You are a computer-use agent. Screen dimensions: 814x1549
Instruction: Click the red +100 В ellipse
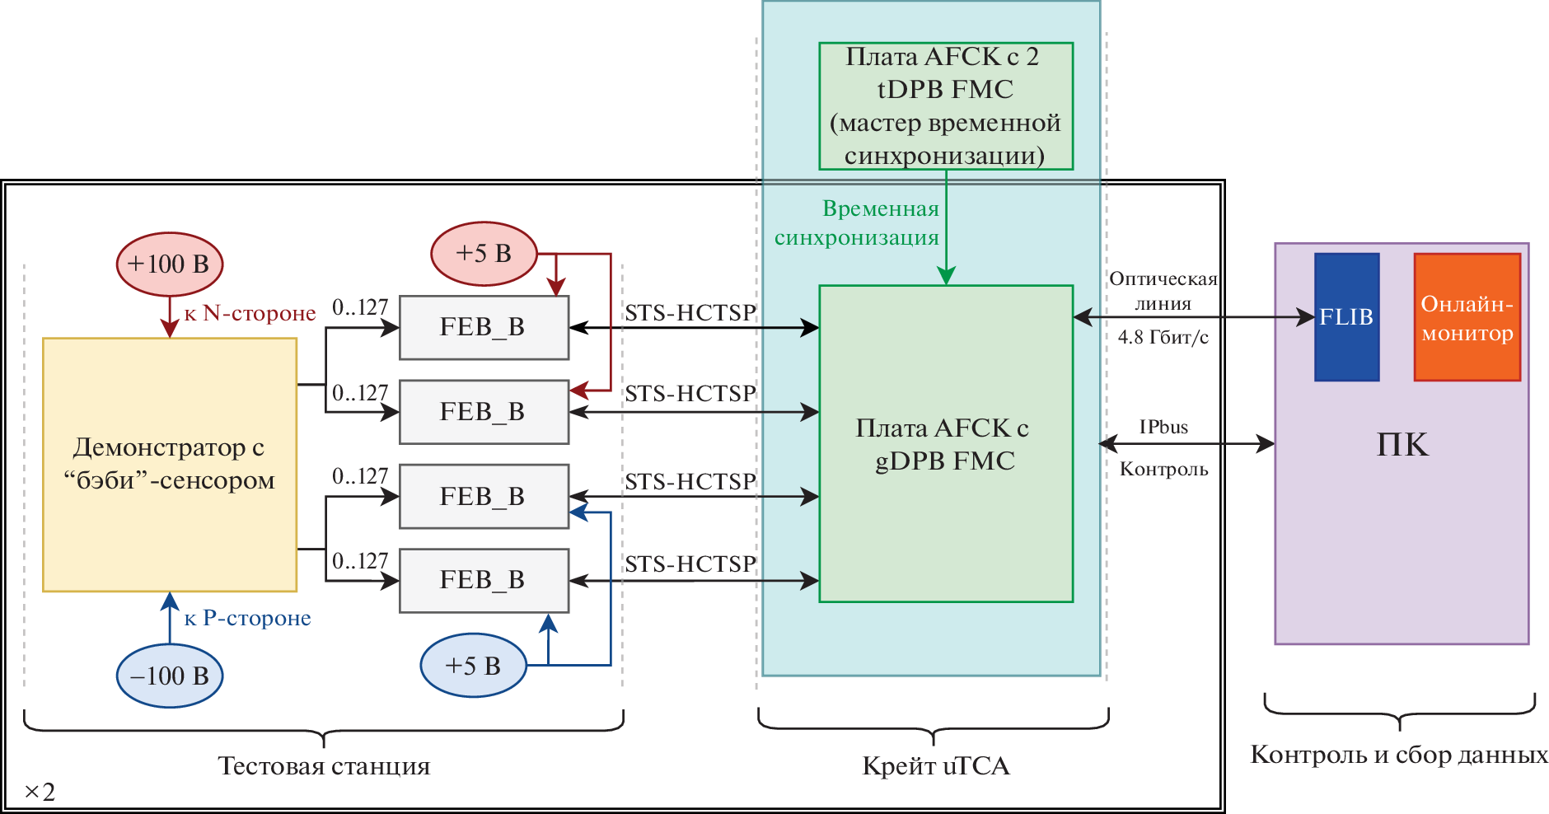pos(170,264)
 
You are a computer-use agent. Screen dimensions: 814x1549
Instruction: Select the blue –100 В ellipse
pos(170,676)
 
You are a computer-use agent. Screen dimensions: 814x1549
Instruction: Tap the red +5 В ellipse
pos(484,254)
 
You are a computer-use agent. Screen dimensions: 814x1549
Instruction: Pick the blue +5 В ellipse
pos(473,666)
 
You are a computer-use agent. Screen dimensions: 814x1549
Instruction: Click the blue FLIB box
pos(1346,317)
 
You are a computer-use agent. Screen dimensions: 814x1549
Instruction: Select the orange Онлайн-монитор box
pos(1467,317)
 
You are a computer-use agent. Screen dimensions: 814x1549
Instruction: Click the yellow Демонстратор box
pos(170,464)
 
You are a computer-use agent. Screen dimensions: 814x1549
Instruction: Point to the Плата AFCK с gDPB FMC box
pos(945,444)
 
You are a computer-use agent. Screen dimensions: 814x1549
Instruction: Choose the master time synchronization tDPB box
pos(945,106)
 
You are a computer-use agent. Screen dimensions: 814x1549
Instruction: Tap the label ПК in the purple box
pos(1402,445)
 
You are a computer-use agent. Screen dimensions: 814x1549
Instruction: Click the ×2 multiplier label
pos(40,792)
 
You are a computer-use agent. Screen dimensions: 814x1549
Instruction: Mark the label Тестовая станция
pos(324,766)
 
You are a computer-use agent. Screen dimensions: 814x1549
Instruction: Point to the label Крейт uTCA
pos(935,766)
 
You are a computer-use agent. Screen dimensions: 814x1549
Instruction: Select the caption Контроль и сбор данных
pos(1399,755)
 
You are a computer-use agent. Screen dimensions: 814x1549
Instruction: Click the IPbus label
pos(1163,427)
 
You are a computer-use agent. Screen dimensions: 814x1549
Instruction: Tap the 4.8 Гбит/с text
pos(1163,337)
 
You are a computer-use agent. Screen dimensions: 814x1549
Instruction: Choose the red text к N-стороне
pos(250,313)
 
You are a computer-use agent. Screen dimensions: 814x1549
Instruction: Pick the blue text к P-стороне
pos(247,618)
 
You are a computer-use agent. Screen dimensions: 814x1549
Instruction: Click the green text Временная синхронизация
pos(857,223)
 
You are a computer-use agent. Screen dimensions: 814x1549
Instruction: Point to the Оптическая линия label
pos(1163,291)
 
